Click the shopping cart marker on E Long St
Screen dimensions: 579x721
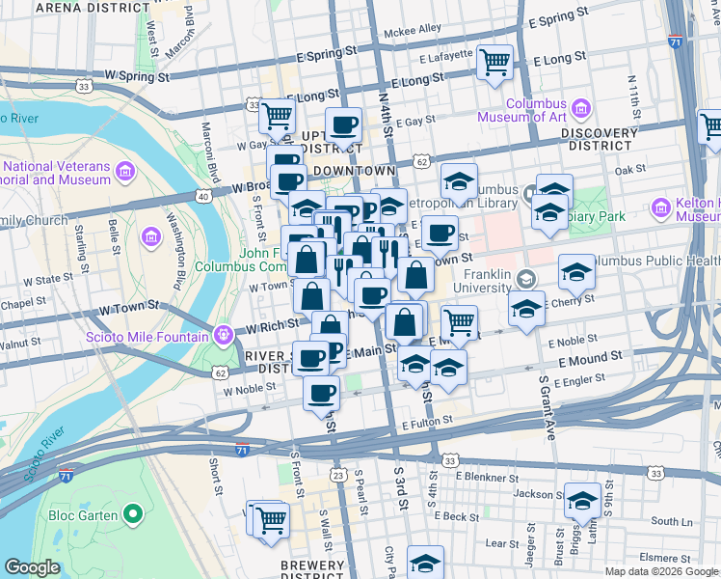point(494,63)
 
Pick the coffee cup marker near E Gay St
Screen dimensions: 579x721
point(343,126)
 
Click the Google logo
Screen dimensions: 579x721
point(33,567)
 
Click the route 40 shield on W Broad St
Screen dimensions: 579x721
point(203,196)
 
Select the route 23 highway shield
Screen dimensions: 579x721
point(338,475)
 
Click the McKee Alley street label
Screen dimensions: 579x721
point(412,30)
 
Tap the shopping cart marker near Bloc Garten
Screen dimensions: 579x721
point(272,519)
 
